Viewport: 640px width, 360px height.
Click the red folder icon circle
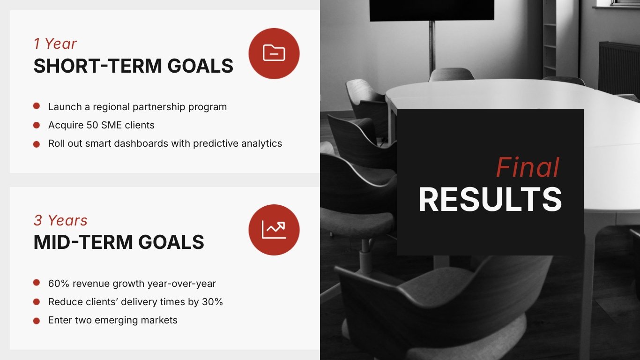click(x=274, y=53)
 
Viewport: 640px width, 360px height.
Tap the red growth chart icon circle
click(x=274, y=230)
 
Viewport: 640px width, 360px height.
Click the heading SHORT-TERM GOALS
click(x=133, y=66)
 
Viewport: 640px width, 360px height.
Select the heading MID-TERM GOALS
click(x=119, y=242)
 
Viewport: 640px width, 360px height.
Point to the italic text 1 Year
click(x=55, y=44)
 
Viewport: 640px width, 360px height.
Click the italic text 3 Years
click(x=60, y=220)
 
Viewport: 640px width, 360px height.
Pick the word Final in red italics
click(x=528, y=168)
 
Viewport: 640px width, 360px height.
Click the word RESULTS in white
click(x=490, y=200)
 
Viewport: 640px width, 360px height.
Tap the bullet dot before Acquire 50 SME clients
click(x=37, y=125)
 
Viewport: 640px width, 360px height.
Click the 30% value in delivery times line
click(x=212, y=302)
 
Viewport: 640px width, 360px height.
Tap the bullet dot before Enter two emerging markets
click(x=37, y=321)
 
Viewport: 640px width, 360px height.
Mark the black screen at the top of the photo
click(x=432, y=10)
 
